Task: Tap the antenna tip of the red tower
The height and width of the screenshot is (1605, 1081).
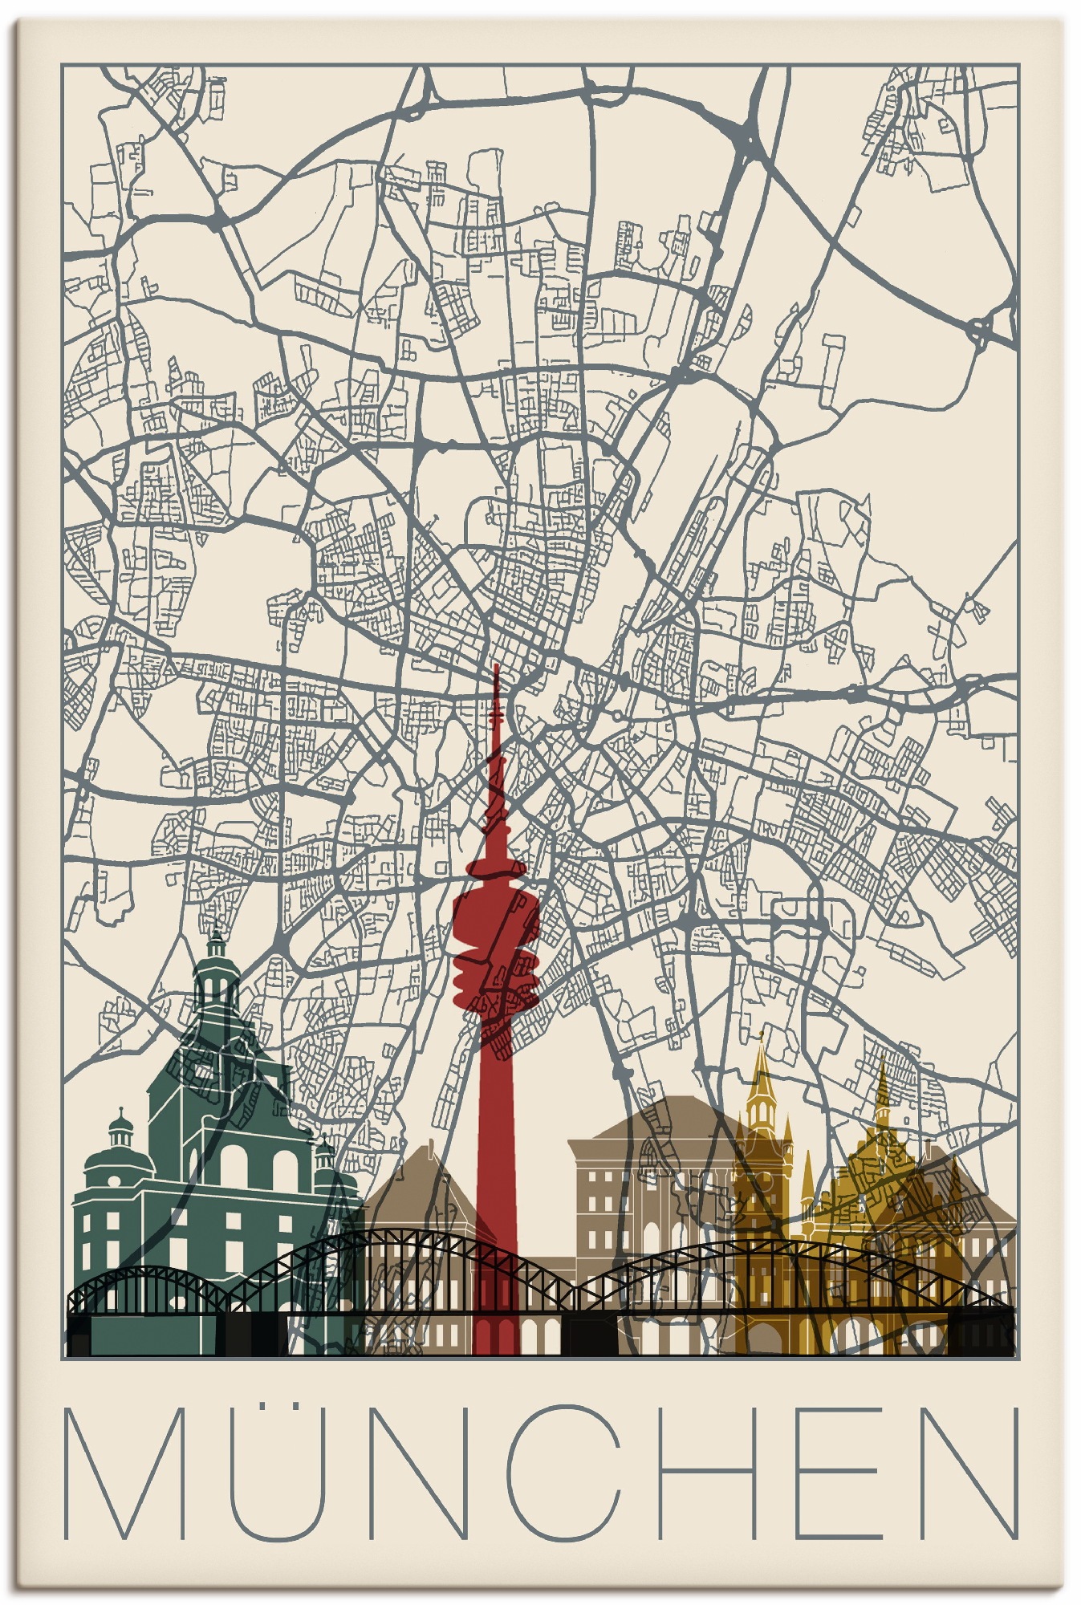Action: click(x=496, y=670)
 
